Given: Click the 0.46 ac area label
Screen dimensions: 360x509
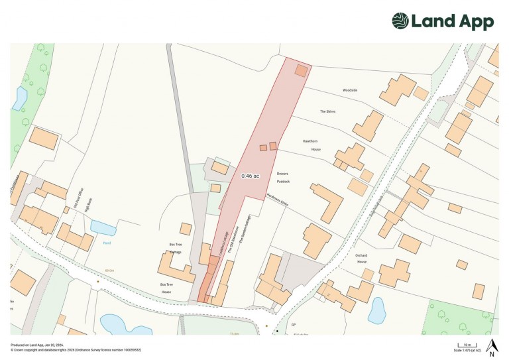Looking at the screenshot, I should click(250, 176).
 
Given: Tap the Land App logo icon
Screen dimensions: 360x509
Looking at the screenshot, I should click(400, 21).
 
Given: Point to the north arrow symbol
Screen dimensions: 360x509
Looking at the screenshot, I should click(491, 345).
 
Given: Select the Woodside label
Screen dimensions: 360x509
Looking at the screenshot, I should click(349, 90).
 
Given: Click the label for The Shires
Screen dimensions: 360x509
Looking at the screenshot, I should click(327, 111).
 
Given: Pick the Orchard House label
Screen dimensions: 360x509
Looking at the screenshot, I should click(361, 257).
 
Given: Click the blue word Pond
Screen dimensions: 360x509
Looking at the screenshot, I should click(107, 243).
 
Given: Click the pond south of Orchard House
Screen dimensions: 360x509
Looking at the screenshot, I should click(376, 310).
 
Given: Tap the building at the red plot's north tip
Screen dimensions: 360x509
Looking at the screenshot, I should click(301, 70).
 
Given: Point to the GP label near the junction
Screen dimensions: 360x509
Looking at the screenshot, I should click(292, 326).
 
